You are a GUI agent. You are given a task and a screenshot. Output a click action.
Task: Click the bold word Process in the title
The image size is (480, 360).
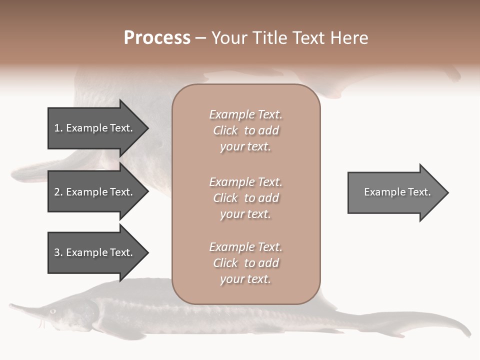pos(157,38)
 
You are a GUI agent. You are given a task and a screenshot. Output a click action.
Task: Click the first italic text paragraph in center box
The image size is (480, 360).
pos(245,130)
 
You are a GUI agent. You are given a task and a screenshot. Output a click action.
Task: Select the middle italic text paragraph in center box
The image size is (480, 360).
pos(245,198)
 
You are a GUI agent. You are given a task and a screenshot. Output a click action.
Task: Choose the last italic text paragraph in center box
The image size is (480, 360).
pos(245,263)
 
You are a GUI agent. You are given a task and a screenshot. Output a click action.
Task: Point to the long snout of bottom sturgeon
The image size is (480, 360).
pos(25,308)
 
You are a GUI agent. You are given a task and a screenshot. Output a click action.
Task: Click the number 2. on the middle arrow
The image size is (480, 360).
pos(58,192)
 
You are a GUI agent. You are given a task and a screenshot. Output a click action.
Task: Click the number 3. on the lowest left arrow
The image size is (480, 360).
pos(58,252)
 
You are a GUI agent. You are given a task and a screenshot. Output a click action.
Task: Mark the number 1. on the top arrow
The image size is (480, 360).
pos(58,128)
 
